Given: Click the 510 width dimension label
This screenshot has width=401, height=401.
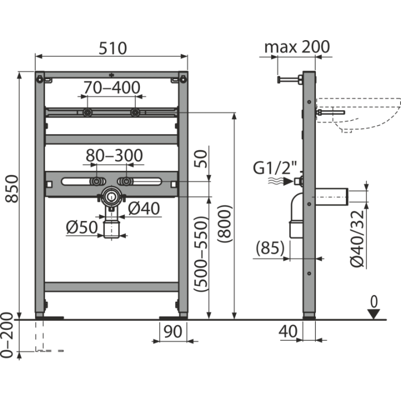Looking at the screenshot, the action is tap(113, 48).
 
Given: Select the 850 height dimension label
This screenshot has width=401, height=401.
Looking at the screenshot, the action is tap(12, 189).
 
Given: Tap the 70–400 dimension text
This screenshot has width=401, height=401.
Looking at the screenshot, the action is tap(112, 87).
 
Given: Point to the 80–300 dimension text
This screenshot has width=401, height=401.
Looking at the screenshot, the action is tap(114, 155).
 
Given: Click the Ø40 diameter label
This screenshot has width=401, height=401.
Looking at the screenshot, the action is tap(144, 208).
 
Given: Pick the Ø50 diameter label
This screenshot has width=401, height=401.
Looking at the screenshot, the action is tap(82, 227).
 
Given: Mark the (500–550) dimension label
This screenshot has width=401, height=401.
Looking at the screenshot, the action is tap(200, 254).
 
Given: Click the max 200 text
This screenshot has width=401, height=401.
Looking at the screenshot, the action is tap(297, 47).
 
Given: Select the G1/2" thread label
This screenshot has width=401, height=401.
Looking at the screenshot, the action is tap(275, 168).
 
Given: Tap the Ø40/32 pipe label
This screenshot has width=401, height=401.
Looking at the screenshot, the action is tap(357, 239).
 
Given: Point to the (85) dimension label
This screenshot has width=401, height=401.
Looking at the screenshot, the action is tap(270, 248).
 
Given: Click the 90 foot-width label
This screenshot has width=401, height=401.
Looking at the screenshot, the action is tap(173, 331).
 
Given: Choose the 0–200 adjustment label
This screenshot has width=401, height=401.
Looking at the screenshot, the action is tap(6, 335).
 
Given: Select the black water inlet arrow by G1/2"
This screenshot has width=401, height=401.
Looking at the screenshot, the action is tap(288, 182).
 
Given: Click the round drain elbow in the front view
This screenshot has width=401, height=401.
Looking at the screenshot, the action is tap(111, 197).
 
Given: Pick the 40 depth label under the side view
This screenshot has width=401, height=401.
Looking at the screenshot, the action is tap(288, 331).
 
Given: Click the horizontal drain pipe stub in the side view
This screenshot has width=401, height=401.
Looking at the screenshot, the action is tap(332, 197).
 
